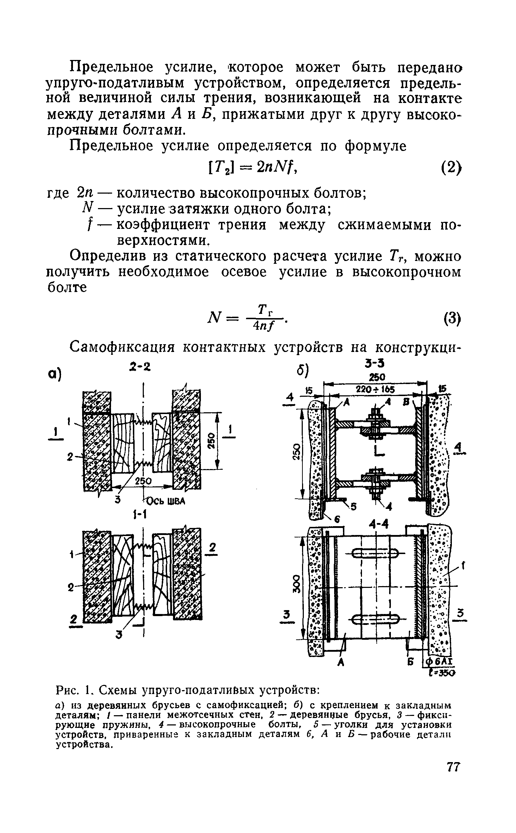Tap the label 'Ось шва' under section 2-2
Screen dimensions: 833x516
pyautogui.click(x=164, y=501)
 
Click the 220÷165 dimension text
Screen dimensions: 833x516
pyautogui.click(x=376, y=389)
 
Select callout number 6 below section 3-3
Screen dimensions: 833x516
pyautogui.click(x=337, y=519)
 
